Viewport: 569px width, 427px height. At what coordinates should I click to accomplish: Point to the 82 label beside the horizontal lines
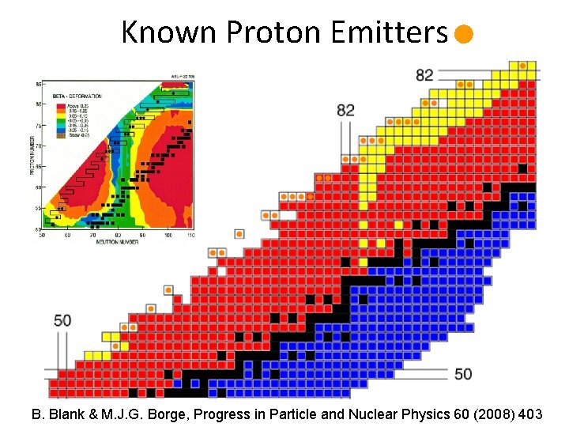(x=424, y=74)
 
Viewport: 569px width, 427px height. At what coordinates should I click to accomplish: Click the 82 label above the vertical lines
(x=345, y=110)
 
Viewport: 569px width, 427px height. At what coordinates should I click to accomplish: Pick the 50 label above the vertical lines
(x=62, y=320)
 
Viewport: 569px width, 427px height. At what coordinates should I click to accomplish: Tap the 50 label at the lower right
(x=463, y=373)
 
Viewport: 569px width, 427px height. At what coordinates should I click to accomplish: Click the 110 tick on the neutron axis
(x=191, y=235)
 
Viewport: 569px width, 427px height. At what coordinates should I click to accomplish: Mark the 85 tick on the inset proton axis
(x=36, y=83)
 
